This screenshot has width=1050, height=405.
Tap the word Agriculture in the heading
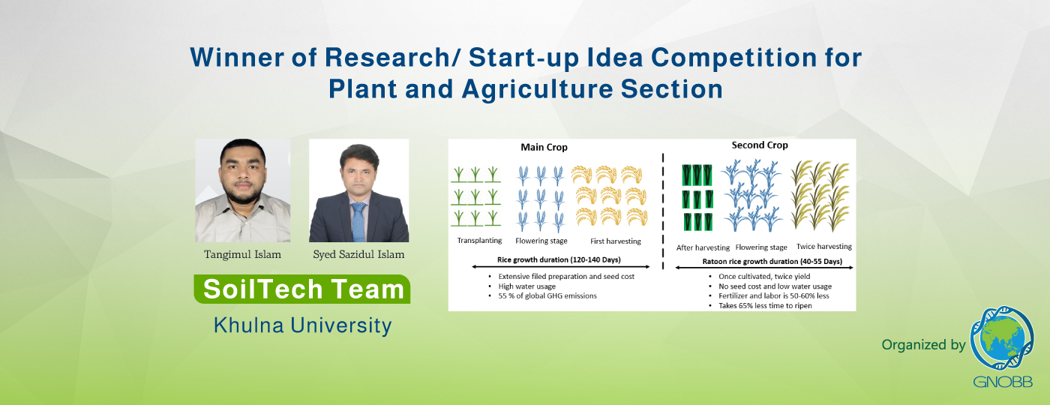click(537, 89)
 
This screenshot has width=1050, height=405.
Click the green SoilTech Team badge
click(302, 289)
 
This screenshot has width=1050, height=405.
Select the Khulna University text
click(302, 325)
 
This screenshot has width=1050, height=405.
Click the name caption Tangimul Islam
click(242, 254)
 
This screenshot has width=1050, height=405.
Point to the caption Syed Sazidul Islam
click(358, 254)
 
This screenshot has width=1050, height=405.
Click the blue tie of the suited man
click(358, 222)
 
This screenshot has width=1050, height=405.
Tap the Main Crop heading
click(544, 147)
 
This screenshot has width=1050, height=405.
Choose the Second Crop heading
click(760, 145)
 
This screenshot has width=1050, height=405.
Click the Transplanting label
click(479, 241)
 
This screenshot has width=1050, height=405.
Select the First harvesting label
click(616, 241)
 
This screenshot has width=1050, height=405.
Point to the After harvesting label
click(703, 247)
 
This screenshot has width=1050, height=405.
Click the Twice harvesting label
click(824, 247)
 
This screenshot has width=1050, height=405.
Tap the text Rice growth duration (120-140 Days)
click(559, 259)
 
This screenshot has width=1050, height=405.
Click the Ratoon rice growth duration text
click(772, 262)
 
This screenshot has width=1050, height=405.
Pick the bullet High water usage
click(526, 286)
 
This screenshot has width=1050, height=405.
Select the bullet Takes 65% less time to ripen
click(765, 306)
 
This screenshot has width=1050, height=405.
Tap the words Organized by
click(923, 345)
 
